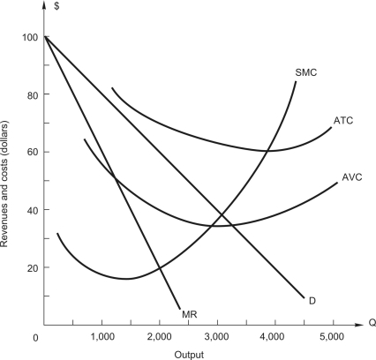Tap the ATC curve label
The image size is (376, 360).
point(344,119)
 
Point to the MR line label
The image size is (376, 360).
point(189,313)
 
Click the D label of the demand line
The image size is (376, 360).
point(312,301)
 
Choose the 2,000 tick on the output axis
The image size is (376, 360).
point(159,337)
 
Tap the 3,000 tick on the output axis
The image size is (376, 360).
point(216,337)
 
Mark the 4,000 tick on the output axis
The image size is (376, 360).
point(274,337)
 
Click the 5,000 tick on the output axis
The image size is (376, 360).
point(331,337)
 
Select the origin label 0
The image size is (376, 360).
point(36,337)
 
